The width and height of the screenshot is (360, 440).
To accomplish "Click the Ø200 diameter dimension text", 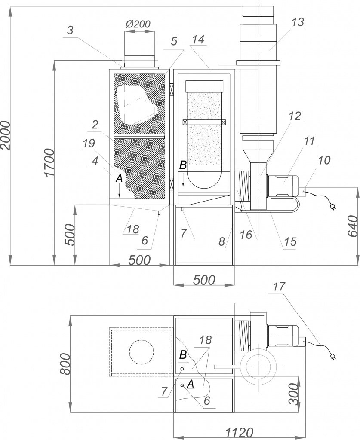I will point(138,24).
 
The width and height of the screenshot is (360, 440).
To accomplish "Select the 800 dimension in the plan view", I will point(65,364).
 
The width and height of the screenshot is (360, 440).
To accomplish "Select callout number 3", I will point(71,31).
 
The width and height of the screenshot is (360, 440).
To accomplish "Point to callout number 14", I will point(199,39).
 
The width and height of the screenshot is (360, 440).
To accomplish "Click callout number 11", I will point(309,141).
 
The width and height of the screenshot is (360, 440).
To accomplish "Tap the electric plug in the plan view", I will point(333,356).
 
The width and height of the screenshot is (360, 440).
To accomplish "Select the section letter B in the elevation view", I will point(183,165).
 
